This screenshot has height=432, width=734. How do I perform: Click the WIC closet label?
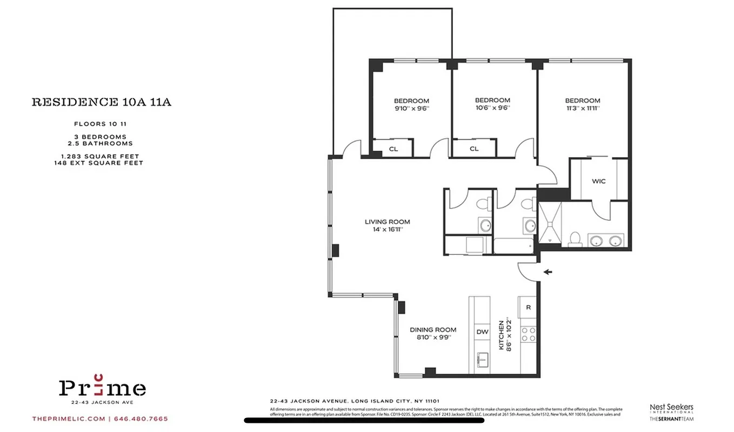click(x=598, y=181)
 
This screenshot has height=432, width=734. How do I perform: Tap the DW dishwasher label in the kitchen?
click(x=481, y=332)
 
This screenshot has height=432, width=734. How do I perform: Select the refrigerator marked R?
click(x=528, y=307)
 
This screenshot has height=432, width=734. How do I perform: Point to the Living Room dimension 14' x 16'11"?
click(x=387, y=229)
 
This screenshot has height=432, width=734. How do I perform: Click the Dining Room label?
click(x=432, y=329)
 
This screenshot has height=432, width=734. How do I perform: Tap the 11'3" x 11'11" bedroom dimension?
click(x=583, y=108)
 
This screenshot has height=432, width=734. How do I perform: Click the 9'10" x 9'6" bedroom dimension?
click(x=411, y=108)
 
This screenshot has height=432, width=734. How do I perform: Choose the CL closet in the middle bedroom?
click(x=474, y=149)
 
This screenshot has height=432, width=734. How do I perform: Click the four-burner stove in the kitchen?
click(x=528, y=335)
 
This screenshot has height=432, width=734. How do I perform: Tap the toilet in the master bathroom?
click(x=576, y=238)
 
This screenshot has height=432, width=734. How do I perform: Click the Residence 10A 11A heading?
click(x=102, y=102)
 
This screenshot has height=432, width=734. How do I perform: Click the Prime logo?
click(x=102, y=387)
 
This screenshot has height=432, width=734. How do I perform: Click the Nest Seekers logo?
click(x=671, y=409)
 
